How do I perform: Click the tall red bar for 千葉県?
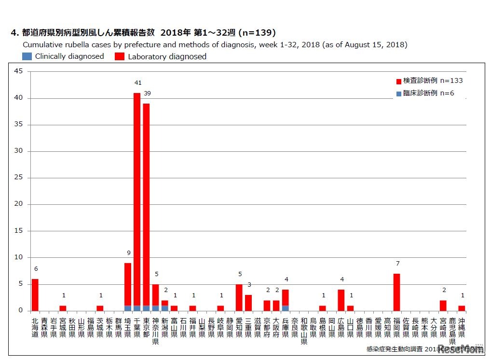tap(137, 198)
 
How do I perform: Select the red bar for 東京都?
tap(146, 202)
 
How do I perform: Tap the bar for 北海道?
tap(35, 294)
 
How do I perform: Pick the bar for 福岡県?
tap(396, 292)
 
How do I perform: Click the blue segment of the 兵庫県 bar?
tap(285, 308)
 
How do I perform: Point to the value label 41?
tap(137, 83)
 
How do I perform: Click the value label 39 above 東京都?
tap(148, 93)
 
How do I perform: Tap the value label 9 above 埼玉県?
tap(128, 253)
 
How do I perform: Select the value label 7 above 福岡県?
tap(397, 263)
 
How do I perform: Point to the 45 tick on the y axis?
tap(18, 71)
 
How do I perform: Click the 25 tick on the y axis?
tap(18, 178)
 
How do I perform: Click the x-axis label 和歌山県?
tap(304, 331)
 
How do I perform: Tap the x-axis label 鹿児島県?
tap(452, 331)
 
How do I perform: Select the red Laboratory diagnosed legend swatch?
tap(119, 56)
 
